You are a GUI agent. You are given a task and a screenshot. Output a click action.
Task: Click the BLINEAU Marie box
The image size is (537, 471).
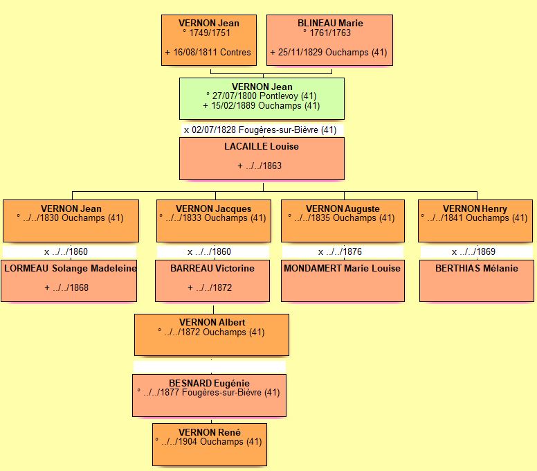[x=330, y=40]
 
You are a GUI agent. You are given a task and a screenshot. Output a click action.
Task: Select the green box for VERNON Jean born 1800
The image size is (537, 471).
[x=262, y=98]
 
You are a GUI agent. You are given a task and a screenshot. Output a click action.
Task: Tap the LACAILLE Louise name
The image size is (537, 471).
[x=262, y=147]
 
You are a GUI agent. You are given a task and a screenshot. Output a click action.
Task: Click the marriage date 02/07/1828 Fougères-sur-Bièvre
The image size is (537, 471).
[x=260, y=130]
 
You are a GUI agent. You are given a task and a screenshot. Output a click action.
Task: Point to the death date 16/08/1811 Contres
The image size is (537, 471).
[x=208, y=52]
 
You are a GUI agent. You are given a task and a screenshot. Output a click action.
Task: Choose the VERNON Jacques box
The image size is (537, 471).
[x=213, y=220]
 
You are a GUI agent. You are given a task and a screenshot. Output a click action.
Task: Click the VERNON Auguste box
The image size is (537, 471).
[x=343, y=220]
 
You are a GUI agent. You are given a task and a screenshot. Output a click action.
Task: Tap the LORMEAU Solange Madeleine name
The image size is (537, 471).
[x=70, y=268]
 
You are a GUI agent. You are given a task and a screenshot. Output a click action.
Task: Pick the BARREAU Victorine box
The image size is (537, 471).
[x=212, y=281]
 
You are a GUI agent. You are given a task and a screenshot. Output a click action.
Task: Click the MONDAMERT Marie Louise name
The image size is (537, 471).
[x=343, y=268]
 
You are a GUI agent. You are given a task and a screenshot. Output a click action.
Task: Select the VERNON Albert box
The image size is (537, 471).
[x=212, y=334]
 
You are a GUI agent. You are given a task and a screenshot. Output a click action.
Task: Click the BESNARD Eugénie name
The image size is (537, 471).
[x=210, y=383]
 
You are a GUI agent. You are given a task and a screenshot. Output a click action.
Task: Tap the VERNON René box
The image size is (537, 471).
[x=209, y=444]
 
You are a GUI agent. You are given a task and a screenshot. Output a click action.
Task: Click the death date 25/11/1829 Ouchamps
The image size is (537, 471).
[x=329, y=52]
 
